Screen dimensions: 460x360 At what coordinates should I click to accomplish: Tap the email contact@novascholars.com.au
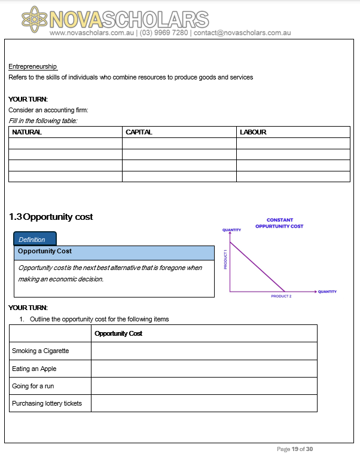(242, 33)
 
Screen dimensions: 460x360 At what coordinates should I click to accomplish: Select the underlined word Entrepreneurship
(32, 66)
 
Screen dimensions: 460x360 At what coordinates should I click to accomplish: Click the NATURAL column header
(27, 132)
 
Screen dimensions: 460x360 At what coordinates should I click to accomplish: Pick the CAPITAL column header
(139, 132)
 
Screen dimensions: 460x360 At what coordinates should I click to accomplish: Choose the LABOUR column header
(253, 132)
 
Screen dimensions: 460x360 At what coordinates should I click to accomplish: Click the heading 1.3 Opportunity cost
(51, 217)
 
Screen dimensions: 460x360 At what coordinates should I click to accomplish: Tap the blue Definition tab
(35, 239)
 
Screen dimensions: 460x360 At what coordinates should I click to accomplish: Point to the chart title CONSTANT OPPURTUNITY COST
(279, 223)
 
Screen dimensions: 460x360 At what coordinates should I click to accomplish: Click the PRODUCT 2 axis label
(281, 296)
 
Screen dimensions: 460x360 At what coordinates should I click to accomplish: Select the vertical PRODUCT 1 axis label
(225, 259)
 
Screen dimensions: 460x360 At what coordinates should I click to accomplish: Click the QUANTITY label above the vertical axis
(231, 230)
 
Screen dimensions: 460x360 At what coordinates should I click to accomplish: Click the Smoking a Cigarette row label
(40, 351)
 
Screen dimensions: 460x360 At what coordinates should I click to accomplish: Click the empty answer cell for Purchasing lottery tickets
(203, 403)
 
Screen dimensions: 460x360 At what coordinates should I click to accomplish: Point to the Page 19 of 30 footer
(295, 449)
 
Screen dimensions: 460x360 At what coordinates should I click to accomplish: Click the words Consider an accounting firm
(48, 110)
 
